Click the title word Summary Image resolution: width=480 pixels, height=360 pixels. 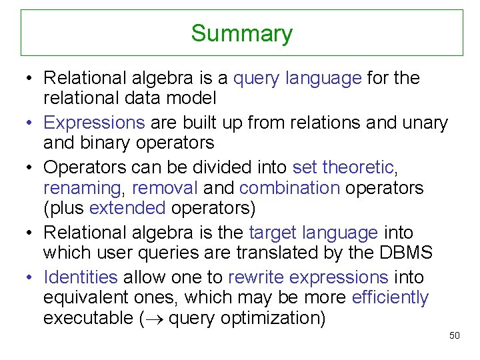241,33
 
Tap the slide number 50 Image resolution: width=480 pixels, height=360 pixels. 455,335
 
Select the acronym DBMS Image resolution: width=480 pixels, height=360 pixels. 407,253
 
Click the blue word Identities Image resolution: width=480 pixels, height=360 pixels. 81,277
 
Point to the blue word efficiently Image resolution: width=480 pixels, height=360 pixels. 390,297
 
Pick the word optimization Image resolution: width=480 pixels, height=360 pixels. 278,319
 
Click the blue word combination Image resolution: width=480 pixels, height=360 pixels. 289,188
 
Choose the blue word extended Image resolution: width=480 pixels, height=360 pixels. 127,209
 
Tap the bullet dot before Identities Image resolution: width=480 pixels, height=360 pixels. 30,277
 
